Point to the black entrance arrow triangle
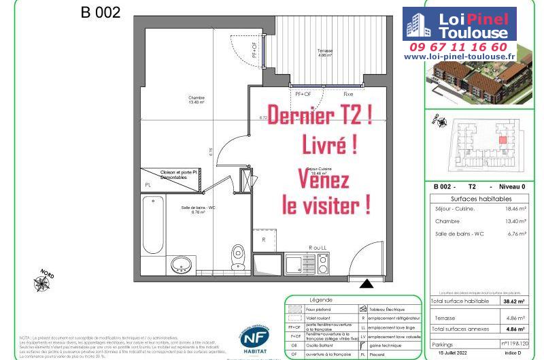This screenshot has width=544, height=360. pyautogui.click(x=367, y=284)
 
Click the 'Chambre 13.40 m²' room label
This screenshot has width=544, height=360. pyautogui.click(x=197, y=100)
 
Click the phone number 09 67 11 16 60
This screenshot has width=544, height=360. pyautogui.click(x=458, y=47)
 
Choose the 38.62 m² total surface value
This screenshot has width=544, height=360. pyautogui.click(x=512, y=301)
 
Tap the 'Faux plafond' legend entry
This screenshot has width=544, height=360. pyautogui.click(x=324, y=309)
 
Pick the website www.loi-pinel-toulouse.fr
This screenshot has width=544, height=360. pyautogui.click(x=460, y=58)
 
